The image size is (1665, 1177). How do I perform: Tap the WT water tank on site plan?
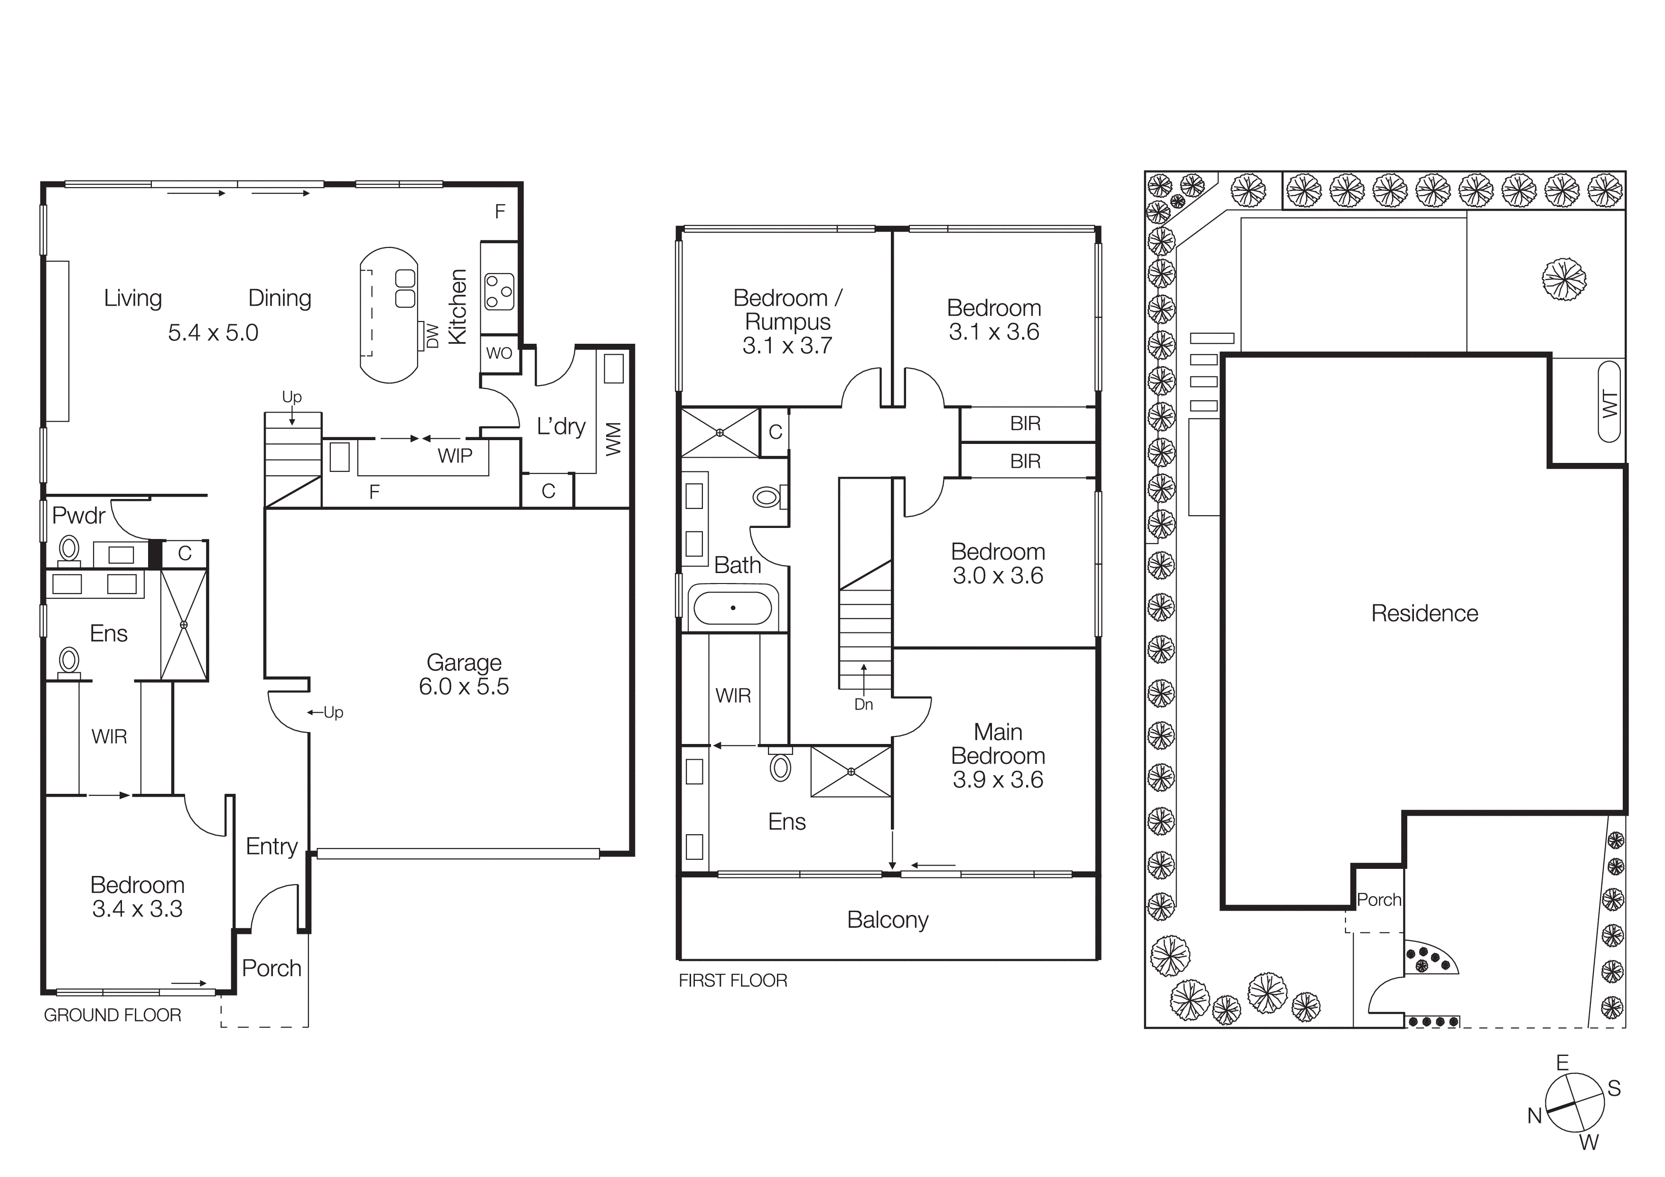pos(1609,403)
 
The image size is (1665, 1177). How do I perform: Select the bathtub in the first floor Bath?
pos(733,608)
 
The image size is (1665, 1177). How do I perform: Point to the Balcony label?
pos(888,920)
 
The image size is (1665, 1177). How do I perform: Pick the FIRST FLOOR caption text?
pos(732,980)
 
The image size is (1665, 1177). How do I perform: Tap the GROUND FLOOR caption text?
pos(112,1015)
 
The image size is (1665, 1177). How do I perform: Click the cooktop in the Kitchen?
pos(499,291)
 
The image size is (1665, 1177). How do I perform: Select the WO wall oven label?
pos(499,353)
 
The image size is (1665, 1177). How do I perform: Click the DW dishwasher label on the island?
pos(432,336)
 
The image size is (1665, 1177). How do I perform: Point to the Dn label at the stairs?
pos(863,704)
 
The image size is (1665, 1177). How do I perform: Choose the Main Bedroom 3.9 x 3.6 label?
pos(997,756)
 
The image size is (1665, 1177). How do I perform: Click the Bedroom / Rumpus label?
pos(787,321)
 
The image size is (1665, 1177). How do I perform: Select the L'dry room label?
pos(561,426)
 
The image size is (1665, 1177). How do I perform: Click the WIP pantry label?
pos(455,455)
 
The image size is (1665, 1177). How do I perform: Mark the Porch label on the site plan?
pos(1378,900)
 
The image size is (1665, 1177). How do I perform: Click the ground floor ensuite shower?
pos(184,624)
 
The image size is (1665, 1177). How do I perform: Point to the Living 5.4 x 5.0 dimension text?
pos(213,333)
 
